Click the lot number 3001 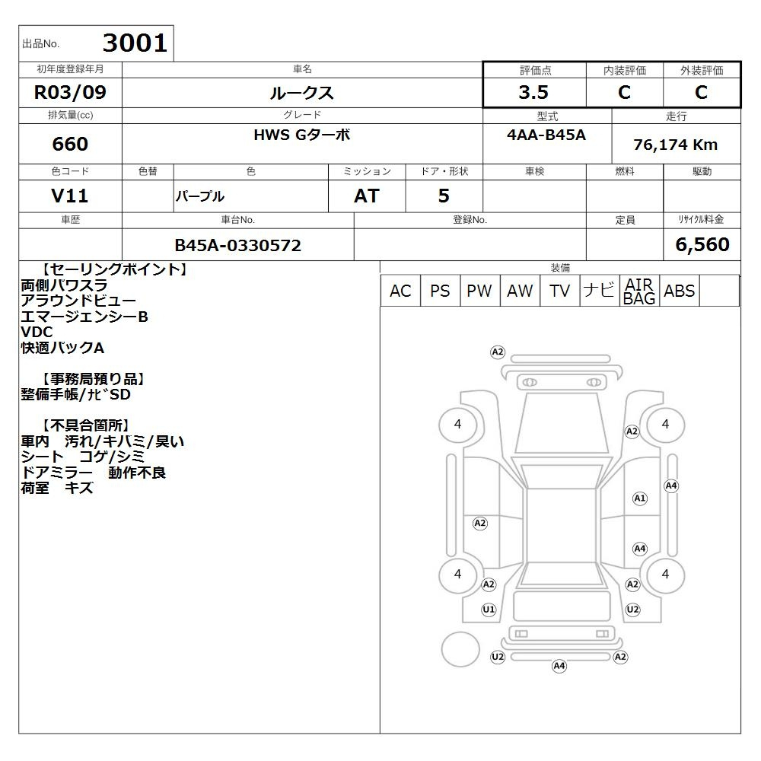(135, 43)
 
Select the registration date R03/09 (70, 92)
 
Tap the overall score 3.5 (533, 92)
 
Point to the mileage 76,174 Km (675, 144)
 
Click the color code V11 (69, 196)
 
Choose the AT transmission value (367, 196)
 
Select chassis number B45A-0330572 (237, 245)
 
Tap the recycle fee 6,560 (702, 244)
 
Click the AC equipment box (400, 291)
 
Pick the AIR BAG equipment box (639, 291)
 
